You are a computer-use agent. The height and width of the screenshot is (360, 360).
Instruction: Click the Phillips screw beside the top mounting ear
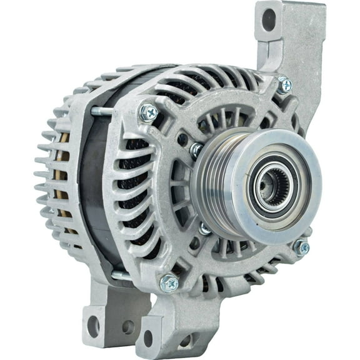(284, 84)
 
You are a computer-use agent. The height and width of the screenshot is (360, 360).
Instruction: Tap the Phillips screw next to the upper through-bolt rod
(149, 112)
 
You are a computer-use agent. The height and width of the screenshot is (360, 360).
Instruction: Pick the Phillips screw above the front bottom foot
(169, 284)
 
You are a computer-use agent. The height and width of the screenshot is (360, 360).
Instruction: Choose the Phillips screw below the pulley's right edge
(301, 247)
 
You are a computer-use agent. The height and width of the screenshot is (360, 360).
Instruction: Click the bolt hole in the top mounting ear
(269, 20)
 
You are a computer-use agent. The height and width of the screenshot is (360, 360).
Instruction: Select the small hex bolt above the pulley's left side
(196, 149)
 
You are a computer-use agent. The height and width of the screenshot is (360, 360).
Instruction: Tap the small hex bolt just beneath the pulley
(205, 229)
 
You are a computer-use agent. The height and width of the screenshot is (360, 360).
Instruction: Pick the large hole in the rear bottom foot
(93, 325)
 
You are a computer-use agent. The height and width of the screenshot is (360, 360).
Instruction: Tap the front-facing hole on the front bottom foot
(186, 341)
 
